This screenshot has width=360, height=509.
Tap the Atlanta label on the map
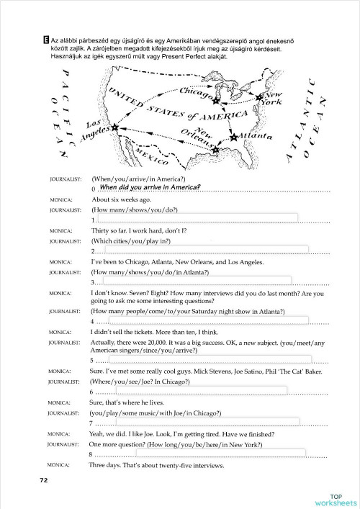coord(256,135)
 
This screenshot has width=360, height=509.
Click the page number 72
coord(44,479)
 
